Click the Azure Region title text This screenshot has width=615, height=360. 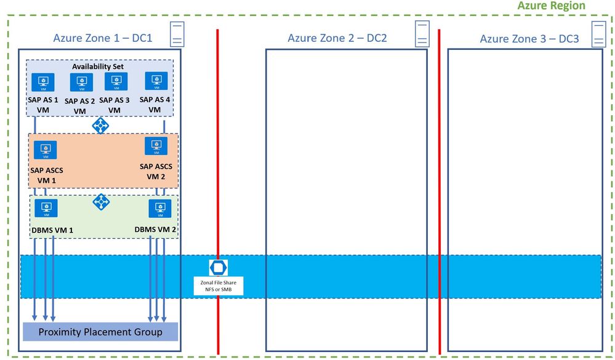pos(552,6)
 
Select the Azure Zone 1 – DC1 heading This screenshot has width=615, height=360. pos(102,38)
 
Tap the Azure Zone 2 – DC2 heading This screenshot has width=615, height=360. pos(337,38)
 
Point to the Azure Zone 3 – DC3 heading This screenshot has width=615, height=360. pos(529,39)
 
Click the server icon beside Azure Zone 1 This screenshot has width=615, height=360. pos(177,34)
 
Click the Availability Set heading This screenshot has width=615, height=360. pos(100,66)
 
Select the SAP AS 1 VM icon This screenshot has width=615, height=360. pos(43,82)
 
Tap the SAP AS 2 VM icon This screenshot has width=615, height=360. pos(81,82)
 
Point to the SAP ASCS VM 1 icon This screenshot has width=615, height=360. pos(45,150)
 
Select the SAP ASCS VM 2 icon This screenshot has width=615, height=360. pos(156,146)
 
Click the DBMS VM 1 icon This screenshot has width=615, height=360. pos(46,208)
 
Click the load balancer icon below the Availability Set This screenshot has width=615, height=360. pos(100,126)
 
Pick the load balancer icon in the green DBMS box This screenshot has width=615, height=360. pos(101,201)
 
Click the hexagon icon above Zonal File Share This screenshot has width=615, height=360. pos(218,268)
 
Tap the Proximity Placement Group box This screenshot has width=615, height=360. pos(100,332)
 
